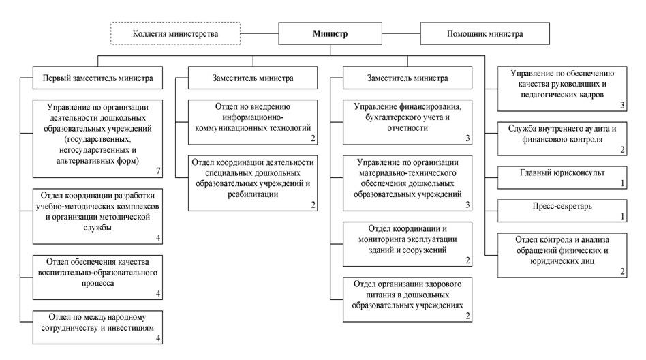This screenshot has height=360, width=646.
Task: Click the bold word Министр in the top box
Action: [330, 34]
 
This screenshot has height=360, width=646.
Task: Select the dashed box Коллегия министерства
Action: [176, 33]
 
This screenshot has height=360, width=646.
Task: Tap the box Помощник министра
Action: [485, 33]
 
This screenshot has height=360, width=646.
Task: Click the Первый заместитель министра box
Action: [97, 78]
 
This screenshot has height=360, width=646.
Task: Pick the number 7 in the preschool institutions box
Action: [158, 170]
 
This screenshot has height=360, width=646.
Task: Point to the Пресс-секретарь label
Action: [562, 206]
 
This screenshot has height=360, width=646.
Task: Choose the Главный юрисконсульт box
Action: [562, 178]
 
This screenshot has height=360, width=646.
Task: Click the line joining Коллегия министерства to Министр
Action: [260, 33]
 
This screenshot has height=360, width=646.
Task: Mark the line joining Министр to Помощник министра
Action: [401, 33]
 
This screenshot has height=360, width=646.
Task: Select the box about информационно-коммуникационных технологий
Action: [253, 122]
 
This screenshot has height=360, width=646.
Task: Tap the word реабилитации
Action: [253, 194]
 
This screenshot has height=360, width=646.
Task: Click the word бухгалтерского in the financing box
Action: [394, 117]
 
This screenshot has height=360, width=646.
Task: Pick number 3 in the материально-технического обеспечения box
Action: [467, 205]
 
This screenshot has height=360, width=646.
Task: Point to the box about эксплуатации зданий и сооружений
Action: [407, 244]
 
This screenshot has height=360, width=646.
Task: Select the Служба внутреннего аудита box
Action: [562, 138]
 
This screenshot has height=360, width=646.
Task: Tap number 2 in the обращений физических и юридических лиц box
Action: [623, 271]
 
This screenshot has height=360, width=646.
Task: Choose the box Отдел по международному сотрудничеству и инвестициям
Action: [97, 327]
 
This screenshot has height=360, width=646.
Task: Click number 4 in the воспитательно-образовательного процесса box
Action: [158, 294]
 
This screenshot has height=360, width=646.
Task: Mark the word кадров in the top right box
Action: [592, 95]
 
